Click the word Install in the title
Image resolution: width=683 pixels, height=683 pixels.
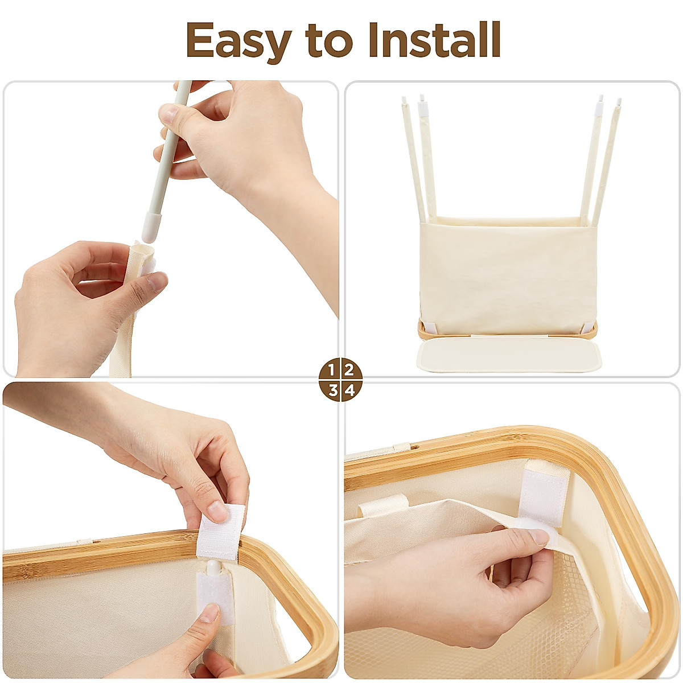[434, 40]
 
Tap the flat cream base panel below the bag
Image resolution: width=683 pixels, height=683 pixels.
[509, 356]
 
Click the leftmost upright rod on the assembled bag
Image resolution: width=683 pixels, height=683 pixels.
[412, 159]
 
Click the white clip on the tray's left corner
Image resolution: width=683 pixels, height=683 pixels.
[429, 328]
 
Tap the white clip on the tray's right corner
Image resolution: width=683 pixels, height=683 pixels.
[587, 328]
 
